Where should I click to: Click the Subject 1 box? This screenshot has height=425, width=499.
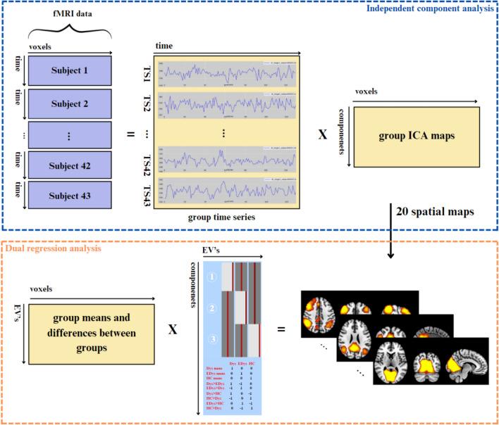tap(69, 70)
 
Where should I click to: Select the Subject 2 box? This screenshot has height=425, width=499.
tap(69, 103)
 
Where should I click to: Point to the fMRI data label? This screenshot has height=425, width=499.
tap(68, 13)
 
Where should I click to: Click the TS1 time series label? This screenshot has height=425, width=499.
tap(147, 72)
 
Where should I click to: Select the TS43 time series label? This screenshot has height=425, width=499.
tap(147, 191)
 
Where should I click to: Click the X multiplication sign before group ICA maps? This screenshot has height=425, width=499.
tap(322, 133)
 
